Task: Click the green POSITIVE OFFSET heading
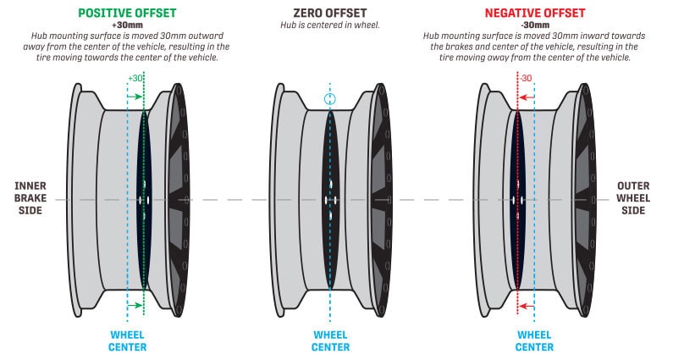pyautogui.click(x=126, y=14)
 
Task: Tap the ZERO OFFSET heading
pyautogui.click(x=329, y=14)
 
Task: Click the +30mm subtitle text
pyautogui.click(x=126, y=25)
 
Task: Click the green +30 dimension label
pyautogui.click(x=135, y=78)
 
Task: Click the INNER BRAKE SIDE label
pyautogui.click(x=30, y=200)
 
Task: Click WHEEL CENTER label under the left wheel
pyautogui.click(x=128, y=341)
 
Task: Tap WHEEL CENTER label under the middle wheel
pyautogui.click(x=330, y=341)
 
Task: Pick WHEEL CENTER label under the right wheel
pyautogui.click(x=533, y=341)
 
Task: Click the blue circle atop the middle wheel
pyautogui.click(x=330, y=99)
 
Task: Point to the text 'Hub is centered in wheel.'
pyautogui.click(x=330, y=26)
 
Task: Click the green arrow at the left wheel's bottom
pyautogui.click(x=135, y=305)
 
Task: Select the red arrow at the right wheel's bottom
pyautogui.click(x=526, y=305)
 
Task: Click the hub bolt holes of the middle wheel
pyautogui.click(x=330, y=200)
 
